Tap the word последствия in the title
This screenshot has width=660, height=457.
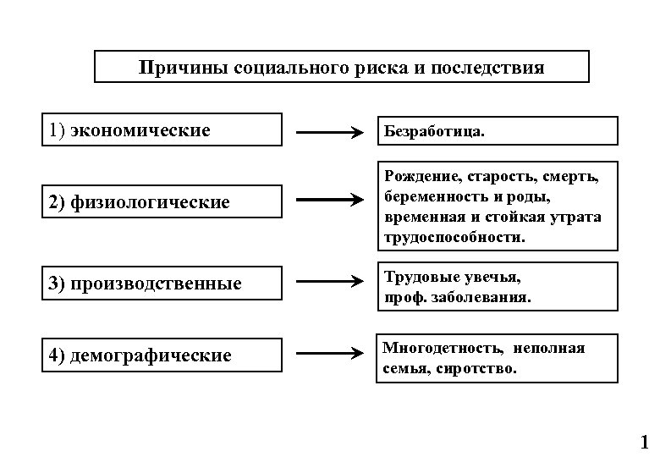click(x=488, y=67)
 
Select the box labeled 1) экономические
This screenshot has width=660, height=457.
click(x=162, y=130)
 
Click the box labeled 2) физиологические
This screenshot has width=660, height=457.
click(x=162, y=202)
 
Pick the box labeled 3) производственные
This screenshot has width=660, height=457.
click(x=162, y=283)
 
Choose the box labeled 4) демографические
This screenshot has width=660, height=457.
click(x=162, y=355)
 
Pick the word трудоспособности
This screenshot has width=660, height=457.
click(x=454, y=238)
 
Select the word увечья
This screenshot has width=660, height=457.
click(x=492, y=277)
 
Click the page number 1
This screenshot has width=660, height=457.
click(x=644, y=441)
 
